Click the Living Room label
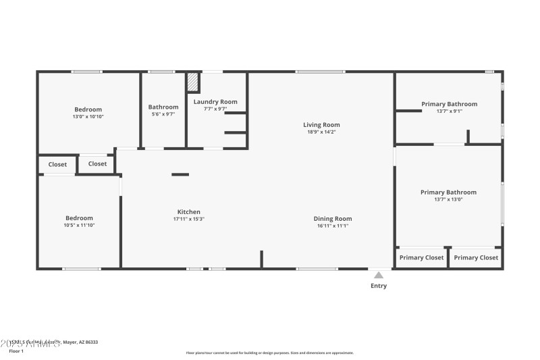click(x=321, y=124)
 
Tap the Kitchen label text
click(x=188, y=211)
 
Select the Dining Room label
click(x=333, y=218)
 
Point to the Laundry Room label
click(x=215, y=102)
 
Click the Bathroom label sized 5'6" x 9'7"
click(x=163, y=107)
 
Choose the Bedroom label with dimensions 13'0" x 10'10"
click(x=88, y=109)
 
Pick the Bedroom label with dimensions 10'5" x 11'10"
click(x=79, y=217)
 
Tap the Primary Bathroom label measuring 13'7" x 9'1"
click(x=449, y=104)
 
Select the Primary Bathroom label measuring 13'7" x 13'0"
click(x=448, y=192)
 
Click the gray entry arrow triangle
click(x=379, y=275)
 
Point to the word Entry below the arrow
click(x=379, y=286)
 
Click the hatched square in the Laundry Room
click(x=193, y=82)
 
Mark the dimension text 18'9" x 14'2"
click(x=321, y=132)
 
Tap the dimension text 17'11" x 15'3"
click(x=188, y=219)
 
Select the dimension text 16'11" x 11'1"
click(x=333, y=226)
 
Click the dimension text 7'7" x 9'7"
click(x=215, y=109)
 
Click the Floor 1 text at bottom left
click(x=16, y=351)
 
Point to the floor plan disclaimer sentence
click(x=269, y=353)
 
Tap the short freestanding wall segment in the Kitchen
click(x=180, y=174)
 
